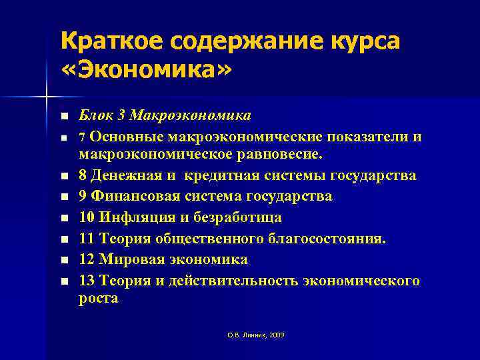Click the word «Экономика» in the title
(147, 70)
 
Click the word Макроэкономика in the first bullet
(191, 115)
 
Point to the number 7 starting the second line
(82, 137)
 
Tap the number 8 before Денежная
(83, 176)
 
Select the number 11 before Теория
(87, 238)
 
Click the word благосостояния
(326, 238)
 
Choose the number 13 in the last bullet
(87, 280)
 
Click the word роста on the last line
(99, 299)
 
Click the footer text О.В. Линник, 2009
(256, 335)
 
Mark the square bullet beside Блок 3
(64, 117)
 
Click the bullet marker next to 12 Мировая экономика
(64, 260)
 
